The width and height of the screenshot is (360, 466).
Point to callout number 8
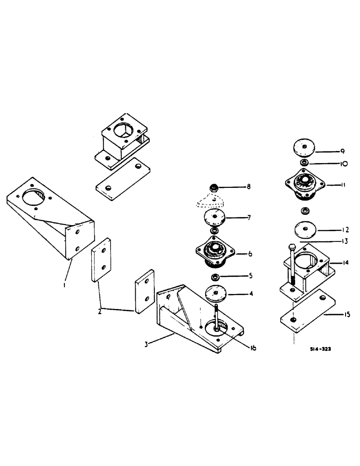click(248, 187)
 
